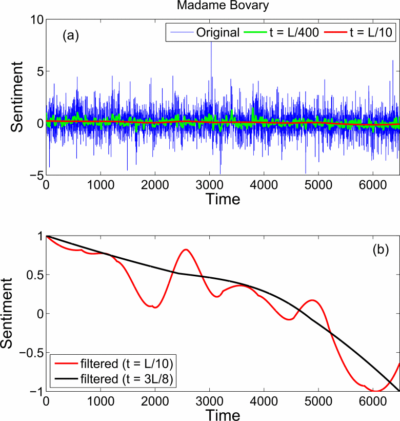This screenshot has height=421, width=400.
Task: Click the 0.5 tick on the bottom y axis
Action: [x=31, y=275]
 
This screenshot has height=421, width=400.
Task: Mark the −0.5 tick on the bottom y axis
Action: [x=28, y=353]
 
